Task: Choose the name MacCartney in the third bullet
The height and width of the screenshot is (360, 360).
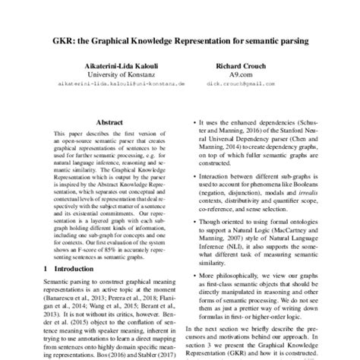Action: (x=296, y=228)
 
